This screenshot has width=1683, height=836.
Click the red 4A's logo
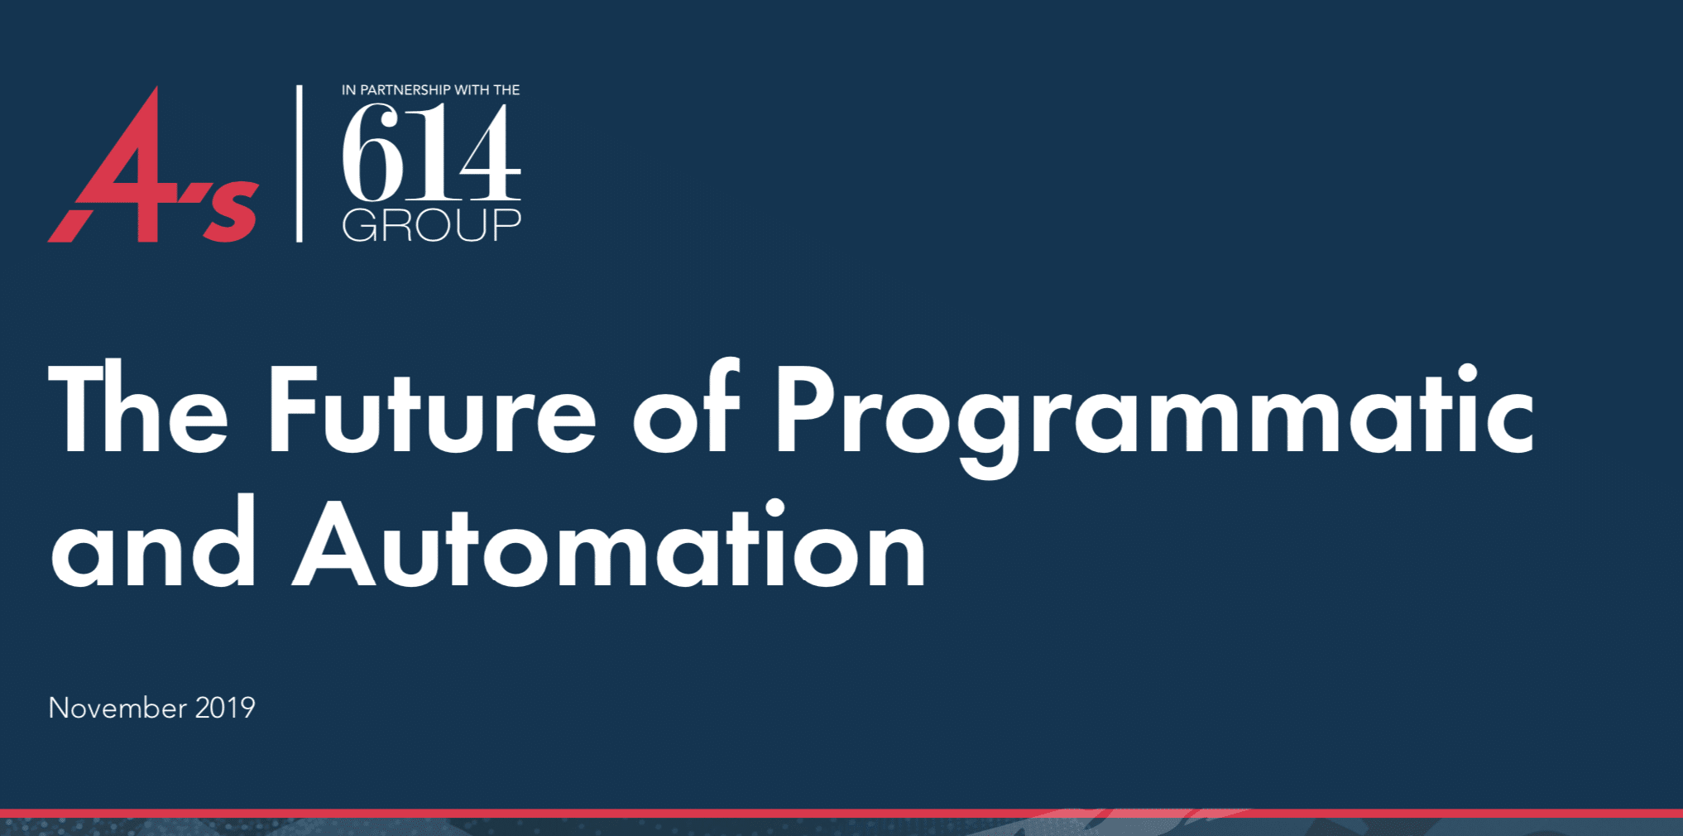(153, 166)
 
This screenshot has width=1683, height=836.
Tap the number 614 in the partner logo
(431, 153)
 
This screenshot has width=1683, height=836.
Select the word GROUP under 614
(431, 225)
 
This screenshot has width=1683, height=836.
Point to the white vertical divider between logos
(300, 163)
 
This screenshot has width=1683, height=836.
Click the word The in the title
(138, 409)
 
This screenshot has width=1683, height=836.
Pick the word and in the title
(153, 542)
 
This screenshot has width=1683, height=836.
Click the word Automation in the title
(610, 544)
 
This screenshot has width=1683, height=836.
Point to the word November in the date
(117, 708)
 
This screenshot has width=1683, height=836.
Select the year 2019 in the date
(225, 708)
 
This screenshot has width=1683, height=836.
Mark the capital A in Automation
(334, 544)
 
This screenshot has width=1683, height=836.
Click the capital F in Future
(294, 409)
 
